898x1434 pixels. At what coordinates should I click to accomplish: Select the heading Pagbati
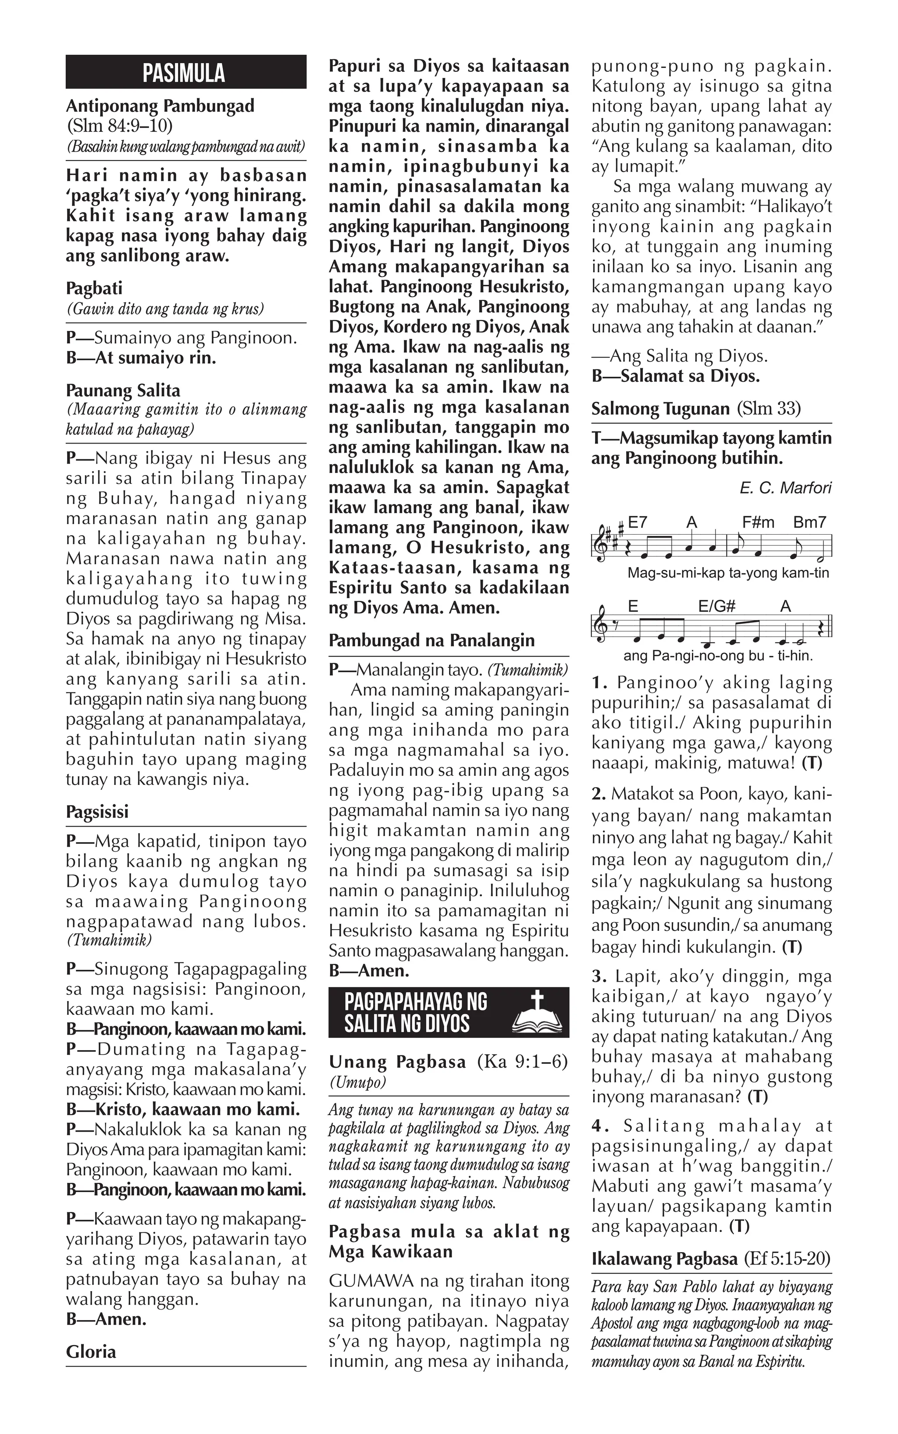[94, 288]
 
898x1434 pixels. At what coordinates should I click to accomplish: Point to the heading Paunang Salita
[123, 390]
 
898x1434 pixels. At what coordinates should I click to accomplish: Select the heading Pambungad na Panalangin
[432, 640]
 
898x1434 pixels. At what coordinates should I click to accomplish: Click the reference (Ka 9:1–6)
[523, 1062]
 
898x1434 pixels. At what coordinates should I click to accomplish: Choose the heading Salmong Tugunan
[660, 409]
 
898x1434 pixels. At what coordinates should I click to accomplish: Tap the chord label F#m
[759, 522]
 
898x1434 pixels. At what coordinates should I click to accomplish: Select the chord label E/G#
[717, 607]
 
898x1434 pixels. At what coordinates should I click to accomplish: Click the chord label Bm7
[809, 522]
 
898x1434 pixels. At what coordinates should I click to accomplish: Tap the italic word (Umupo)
[357, 1082]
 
